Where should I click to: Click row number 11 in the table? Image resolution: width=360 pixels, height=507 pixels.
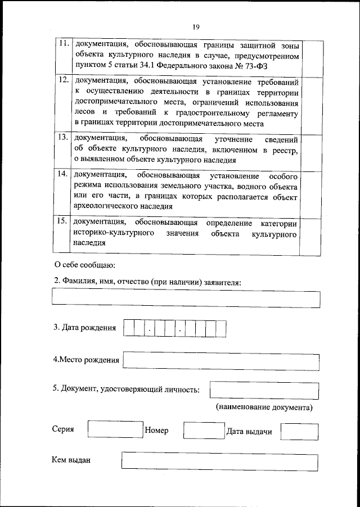click(x=64, y=43)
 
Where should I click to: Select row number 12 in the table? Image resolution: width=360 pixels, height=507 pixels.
click(x=64, y=80)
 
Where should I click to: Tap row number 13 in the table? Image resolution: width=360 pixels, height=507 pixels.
click(x=64, y=137)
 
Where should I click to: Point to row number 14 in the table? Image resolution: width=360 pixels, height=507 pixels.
click(x=64, y=174)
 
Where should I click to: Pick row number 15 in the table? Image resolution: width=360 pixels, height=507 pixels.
click(x=64, y=221)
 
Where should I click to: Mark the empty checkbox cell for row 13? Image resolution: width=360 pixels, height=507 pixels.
click(x=312, y=150)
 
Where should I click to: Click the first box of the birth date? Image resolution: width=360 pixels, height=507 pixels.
click(x=129, y=328)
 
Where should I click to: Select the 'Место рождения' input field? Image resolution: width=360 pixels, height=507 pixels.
click(x=220, y=360)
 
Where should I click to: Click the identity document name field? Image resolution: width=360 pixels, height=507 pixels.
click(x=263, y=390)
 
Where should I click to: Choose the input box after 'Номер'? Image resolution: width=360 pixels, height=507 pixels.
click(x=197, y=431)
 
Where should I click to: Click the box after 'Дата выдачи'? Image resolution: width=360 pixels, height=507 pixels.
click(x=299, y=431)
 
